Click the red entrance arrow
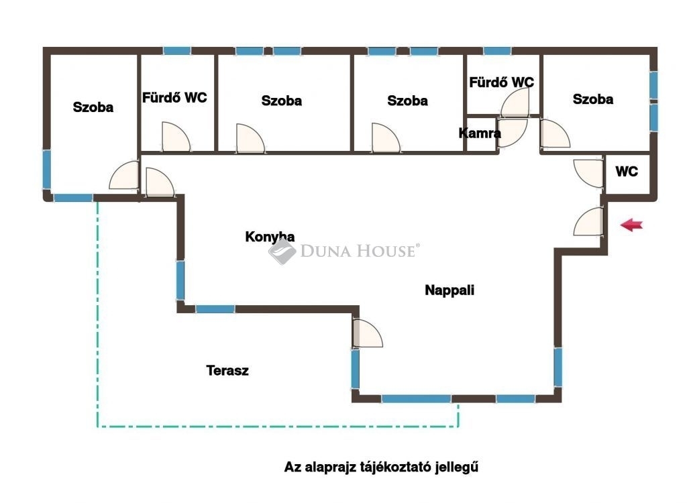pos(631,225)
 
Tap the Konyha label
pos(270,237)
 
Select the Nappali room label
pos(450,290)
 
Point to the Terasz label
pos(227,371)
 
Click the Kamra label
pos(480,133)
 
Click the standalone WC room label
pos(627,171)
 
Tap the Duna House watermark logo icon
pos(282,251)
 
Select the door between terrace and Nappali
pos(367,333)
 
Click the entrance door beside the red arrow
pos(588,221)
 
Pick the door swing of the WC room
pos(588,173)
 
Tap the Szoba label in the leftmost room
pos(93,107)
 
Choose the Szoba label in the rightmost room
pos(593,99)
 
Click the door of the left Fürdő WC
pos(176,137)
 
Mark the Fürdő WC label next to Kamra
pos(501,82)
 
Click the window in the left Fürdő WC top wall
pos(177,51)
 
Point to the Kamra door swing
pos(513,132)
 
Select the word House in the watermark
pos(386,251)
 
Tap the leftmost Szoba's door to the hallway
pos(124,175)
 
